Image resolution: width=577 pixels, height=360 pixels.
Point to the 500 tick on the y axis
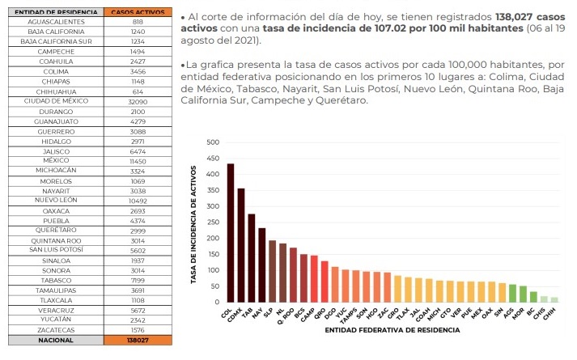coord(213,142)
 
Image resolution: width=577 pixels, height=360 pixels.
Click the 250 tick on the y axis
coord(213,222)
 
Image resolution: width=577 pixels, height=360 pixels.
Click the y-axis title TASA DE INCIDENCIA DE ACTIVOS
coord(194,223)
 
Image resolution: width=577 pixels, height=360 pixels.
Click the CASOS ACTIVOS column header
coord(138,13)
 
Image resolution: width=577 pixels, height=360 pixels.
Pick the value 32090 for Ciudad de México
coord(138,101)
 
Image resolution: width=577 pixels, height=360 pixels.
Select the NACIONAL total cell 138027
coord(138,341)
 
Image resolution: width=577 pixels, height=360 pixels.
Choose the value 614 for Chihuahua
coord(138,91)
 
